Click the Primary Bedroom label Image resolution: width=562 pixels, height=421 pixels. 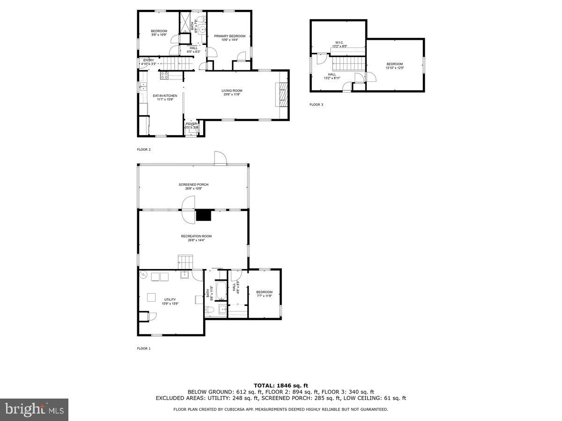pyautogui.click(x=229, y=36)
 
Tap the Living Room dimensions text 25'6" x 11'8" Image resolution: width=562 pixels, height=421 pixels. pyautogui.click(x=232, y=95)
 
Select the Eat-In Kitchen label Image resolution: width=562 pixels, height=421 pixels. pyautogui.click(x=165, y=95)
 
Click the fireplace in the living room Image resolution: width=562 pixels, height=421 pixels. pyautogui.click(x=283, y=94)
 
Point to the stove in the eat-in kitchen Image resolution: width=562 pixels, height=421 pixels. pyautogui.click(x=164, y=74)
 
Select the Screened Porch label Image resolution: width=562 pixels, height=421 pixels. pyautogui.click(x=193, y=184)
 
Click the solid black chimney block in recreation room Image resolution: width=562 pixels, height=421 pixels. pyautogui.click(x=204, y=215)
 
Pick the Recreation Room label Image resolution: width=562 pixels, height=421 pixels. pyautogui.click(x=196, y=236)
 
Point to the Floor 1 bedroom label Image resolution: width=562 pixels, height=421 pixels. pyautogui.click(x=264, y=292)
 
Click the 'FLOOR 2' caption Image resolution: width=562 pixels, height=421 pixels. pyautogui.click(x=144, y=150)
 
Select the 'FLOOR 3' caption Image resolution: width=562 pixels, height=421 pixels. pyautogui.click(x=316, y=105)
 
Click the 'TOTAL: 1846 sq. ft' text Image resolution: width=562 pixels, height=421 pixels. pyautogui.click(x=281, y=386)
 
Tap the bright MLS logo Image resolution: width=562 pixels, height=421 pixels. pyautogui.click(x=34, y=409)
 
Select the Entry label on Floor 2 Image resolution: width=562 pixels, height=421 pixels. pyautogui.click(x=148, y=60)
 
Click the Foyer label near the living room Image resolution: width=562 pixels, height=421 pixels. pyautogui.click(x=191, y=124)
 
